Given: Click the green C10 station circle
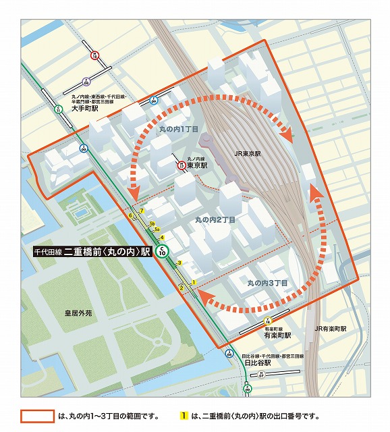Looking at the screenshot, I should tap(162, 252).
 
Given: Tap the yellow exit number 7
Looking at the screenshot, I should tap(142, 211).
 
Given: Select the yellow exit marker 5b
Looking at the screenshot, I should tap(152, 223).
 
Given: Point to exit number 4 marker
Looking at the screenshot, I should tap(161, 238).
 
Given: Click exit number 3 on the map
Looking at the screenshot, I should tap(179, 263).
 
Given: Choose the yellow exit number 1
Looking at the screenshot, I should tap(193, 281).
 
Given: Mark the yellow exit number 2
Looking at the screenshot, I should tap(181, 287).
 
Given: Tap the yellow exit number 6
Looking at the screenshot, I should tap(130, 216).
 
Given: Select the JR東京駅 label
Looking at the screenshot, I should tap(247, 154).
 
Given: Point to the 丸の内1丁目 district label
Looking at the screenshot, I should tap(178, 128).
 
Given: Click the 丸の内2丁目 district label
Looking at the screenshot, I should tap(215, 220).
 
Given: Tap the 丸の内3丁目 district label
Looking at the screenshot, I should tap(267, 283).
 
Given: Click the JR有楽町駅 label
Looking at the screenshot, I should tap(329, 329).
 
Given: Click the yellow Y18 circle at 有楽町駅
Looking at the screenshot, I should tap(268, 320).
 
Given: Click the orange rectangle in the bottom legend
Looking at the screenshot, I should tap(37, 416).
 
